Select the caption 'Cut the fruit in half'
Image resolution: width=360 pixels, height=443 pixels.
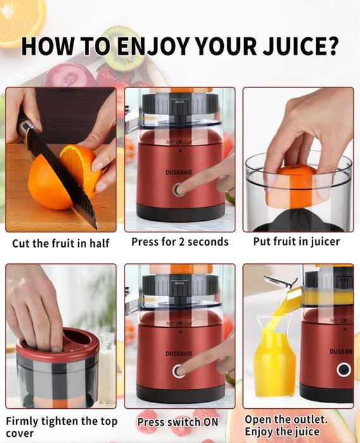tap(61, 243)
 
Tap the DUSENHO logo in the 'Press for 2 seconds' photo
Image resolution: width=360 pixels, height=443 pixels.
tap(178, 172)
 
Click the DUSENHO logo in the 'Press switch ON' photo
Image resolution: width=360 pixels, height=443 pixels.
tap(178, 353)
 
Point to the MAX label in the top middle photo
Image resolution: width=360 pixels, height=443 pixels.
tap(179, 102)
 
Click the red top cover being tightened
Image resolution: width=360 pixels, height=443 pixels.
tap(58, 346)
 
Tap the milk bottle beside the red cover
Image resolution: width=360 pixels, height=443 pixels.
tap(107, 367)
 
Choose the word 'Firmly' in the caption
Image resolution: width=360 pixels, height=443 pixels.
tap(22, 421)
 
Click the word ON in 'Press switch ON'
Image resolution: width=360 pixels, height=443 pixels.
tap(211, 422)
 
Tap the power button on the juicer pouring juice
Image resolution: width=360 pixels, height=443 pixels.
tap(344, 370)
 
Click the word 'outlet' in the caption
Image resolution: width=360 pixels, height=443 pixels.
tap(310, 420)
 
